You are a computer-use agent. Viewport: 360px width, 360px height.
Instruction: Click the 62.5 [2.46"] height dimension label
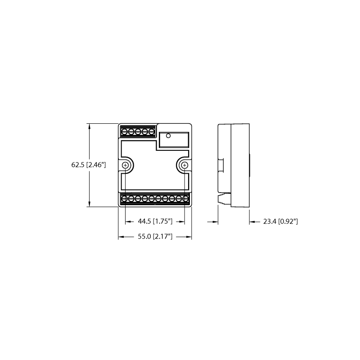pyautogui.click(x=89, y=165)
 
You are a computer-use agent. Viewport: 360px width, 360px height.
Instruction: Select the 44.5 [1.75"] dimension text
pyautogui.click(x=155, y=221)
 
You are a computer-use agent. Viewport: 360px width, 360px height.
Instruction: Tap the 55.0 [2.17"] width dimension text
pyautogui.click(x=155, y=237)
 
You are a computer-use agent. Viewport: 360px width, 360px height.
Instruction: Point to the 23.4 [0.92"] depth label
pyautogui.click(x=280, y=221)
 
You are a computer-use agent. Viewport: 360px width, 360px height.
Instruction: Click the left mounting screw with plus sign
pyautogui.click(x=126, y=165)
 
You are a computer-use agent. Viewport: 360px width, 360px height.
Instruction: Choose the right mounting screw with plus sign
pyautogui.click(x=184, y=165)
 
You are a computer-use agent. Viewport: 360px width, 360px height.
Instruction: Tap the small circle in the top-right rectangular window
pyautogui.click(x=168, y=136)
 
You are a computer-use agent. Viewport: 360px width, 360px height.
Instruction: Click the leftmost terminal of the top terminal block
pyautogui.click(x=125, y=132)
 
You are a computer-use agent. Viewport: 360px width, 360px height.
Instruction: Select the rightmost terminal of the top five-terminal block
pyautogui.click(x=152, y=132)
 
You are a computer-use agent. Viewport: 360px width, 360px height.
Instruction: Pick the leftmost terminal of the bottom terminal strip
pyautogui.click(x=125, y=198)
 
